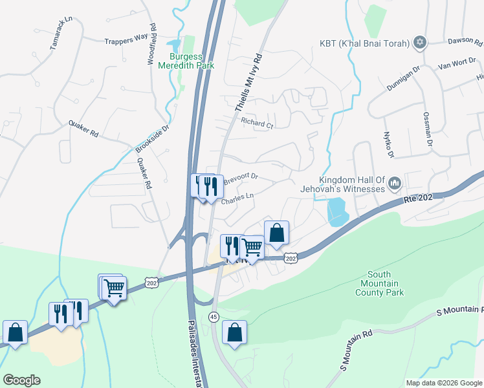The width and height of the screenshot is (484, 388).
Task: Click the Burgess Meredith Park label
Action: coord(186,61)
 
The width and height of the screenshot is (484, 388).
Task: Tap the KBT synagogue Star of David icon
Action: coord(421,43)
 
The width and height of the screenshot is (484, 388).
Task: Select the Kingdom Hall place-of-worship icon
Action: coord(395,185)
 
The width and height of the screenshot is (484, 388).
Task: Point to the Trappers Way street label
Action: coord(126,40)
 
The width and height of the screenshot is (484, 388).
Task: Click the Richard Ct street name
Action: coord(256,123)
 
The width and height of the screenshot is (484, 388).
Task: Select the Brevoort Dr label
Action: coord(241,177)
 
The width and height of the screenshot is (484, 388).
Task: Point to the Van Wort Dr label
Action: coord(457,65)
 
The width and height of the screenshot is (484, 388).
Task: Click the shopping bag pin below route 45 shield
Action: coord(234,333)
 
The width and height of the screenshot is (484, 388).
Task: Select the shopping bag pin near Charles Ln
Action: coord(276,233)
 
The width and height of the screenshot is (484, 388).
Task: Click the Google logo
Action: coord(21,380)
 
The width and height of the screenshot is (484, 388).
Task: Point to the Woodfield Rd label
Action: coord(151,45)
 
